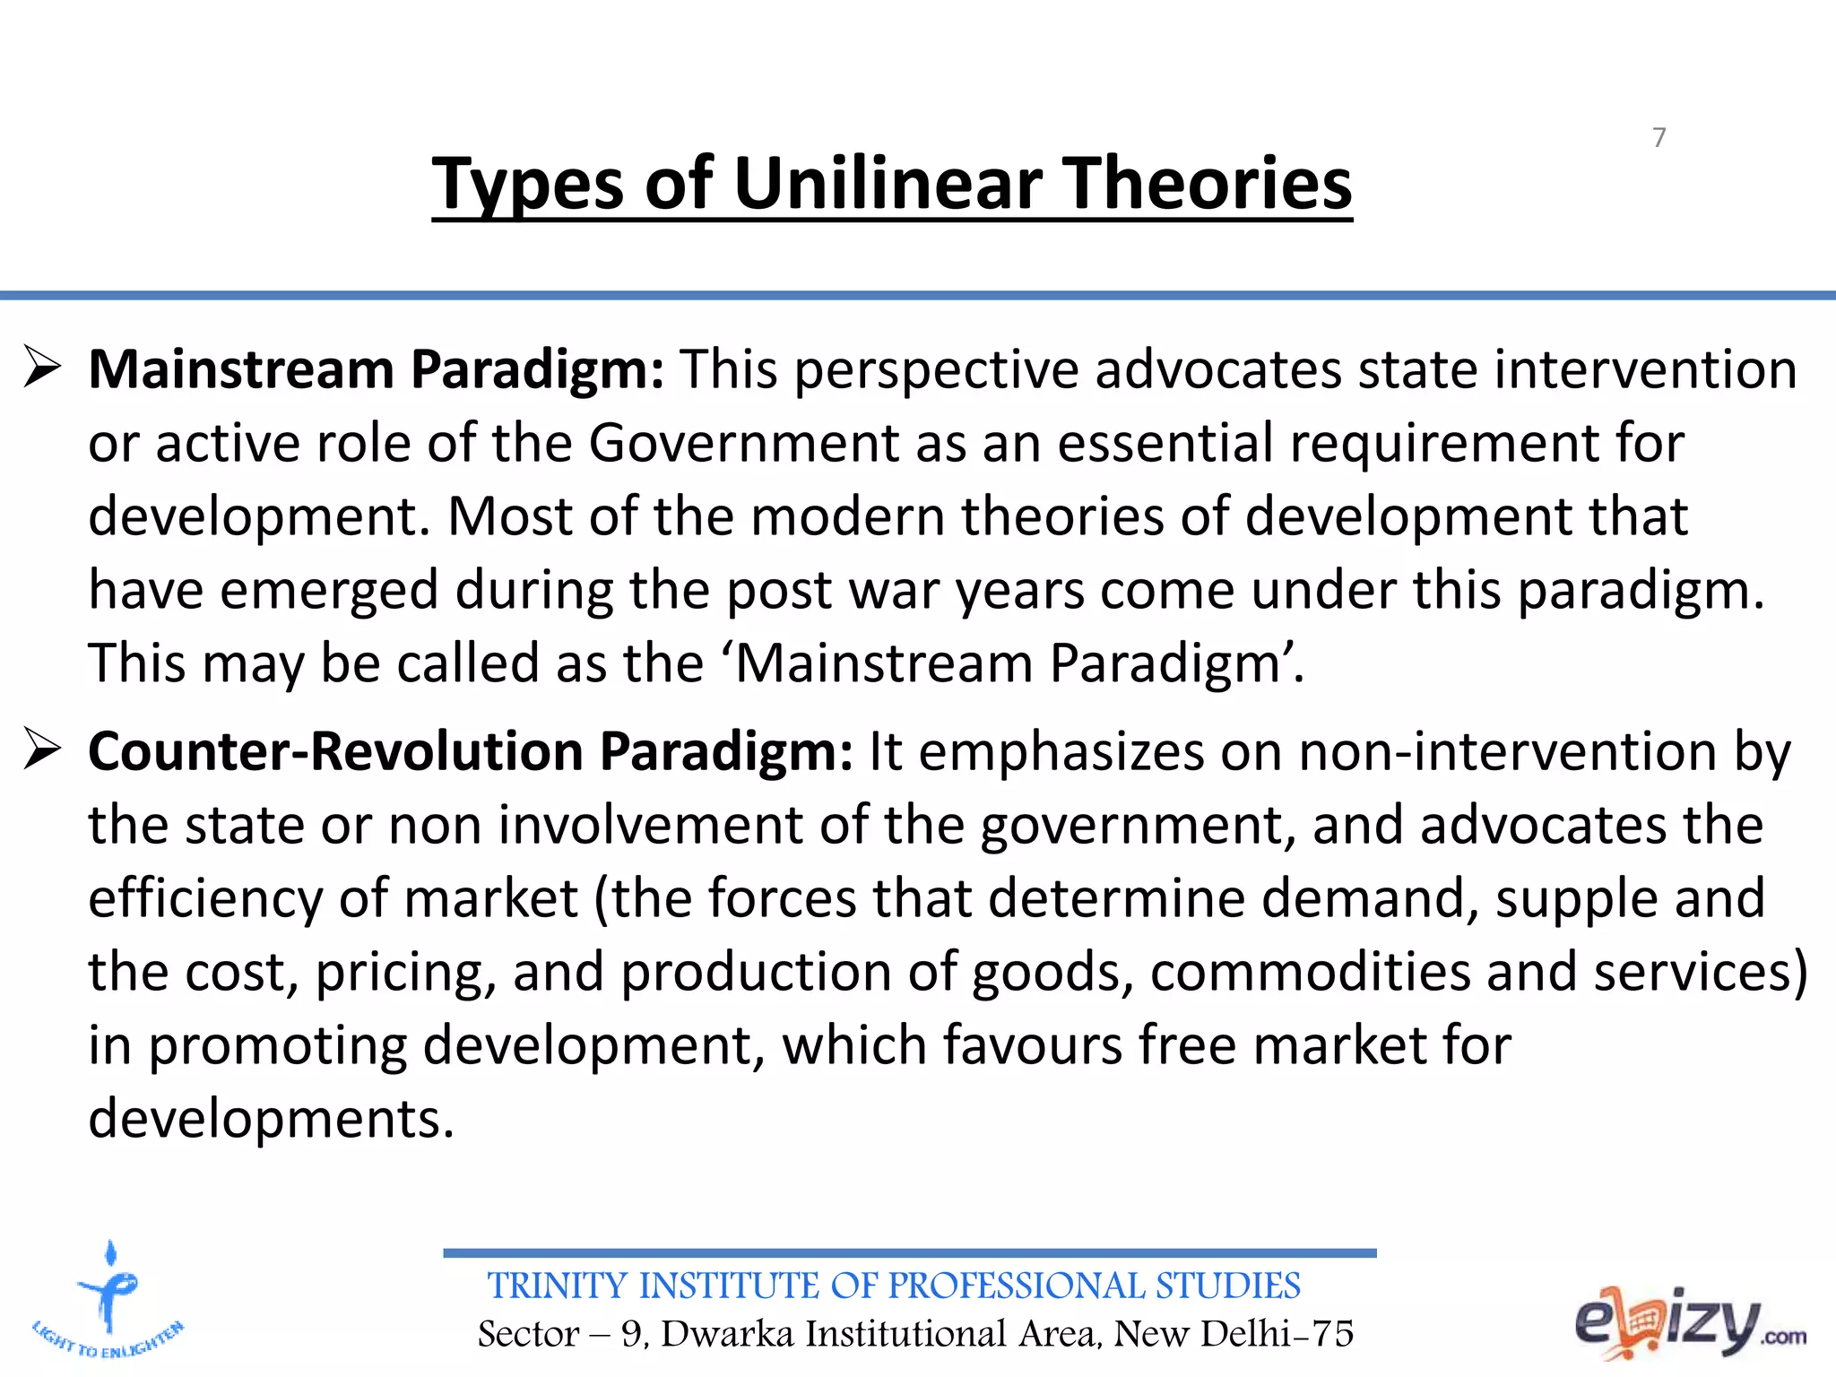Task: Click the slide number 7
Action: click(x=1658, y=137)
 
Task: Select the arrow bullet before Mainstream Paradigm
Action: click(x=42, y=368)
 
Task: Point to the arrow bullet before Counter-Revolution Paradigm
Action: click(x=42, y=749)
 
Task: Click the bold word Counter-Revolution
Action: click(x=335, y=751)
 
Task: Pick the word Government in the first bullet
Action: click(x=743, y=443)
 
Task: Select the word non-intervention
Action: click(x=1507, y=751)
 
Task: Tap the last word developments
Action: click(x=272, y=1119)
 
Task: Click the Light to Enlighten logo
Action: click(x=108, y=1300)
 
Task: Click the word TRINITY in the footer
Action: click(x=556, y=1286)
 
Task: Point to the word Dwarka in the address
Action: click(x=727, y=1334)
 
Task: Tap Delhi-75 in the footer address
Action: click(x=1277, y=1334)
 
